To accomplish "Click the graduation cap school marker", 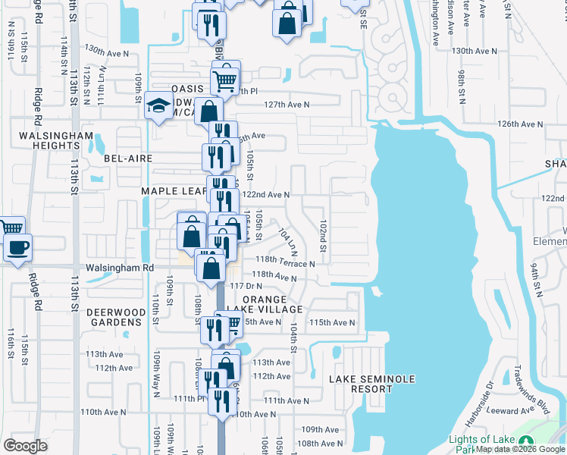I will point(159,104).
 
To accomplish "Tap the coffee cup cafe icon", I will point(17,246).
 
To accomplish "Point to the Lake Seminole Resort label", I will point(362,384).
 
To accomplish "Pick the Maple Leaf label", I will point(174,191).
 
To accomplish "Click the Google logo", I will point(24,445).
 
